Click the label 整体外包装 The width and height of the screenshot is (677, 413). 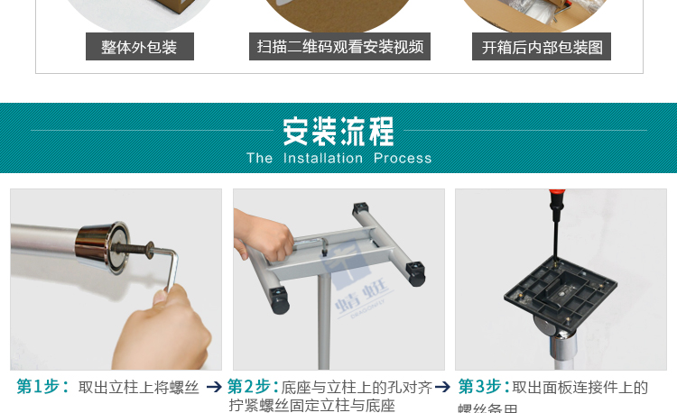click(139, 47)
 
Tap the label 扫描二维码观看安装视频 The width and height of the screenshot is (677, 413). click(339, 47)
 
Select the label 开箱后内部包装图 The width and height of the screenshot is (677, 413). click(542, 47)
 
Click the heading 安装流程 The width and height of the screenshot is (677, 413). click(338, 132)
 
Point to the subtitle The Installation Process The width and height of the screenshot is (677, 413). click(338, 158)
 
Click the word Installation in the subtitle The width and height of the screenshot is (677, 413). click(322, 158)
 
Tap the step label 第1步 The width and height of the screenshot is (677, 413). click(42, 386)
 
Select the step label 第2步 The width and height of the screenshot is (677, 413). click(253, 386)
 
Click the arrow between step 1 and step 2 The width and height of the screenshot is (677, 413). click(214, 387)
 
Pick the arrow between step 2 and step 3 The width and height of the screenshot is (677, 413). click(443, 387)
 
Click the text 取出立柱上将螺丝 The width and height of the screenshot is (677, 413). click(139, 387)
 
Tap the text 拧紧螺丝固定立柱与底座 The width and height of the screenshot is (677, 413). click(312, 406)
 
